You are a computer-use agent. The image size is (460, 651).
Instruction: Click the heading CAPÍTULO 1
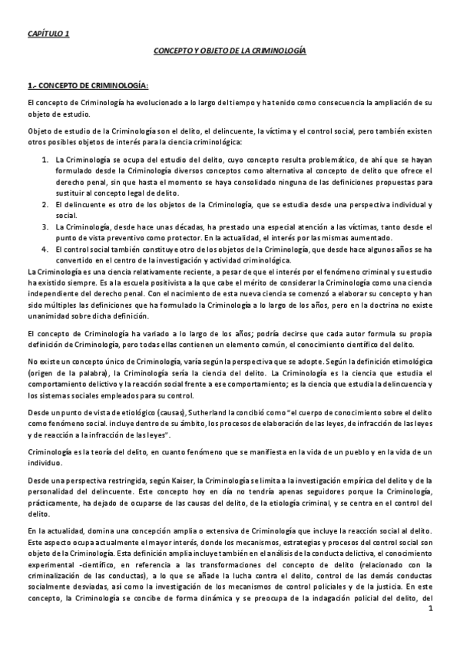click(x=48, y=35)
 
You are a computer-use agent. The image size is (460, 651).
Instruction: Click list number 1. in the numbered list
click(x=45, y=159)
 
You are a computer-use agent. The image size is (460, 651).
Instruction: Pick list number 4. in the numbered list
click(x=45, y=249)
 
